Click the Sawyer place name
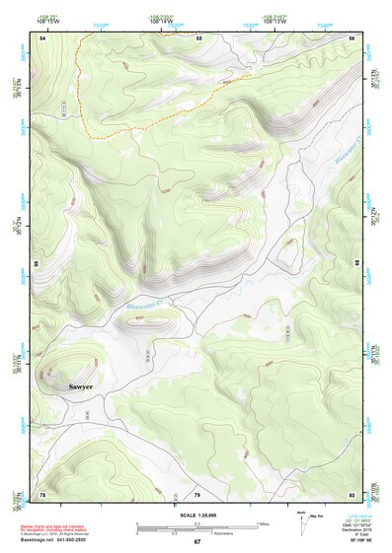coord(80,387)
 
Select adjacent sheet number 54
coord(42,37)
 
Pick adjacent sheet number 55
coord(197,37)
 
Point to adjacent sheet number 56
coord(352,37)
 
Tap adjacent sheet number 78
coord(42,493)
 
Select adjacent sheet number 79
coord(196,493)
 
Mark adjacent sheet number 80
coord(352,493)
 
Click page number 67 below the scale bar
coord(196,542)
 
